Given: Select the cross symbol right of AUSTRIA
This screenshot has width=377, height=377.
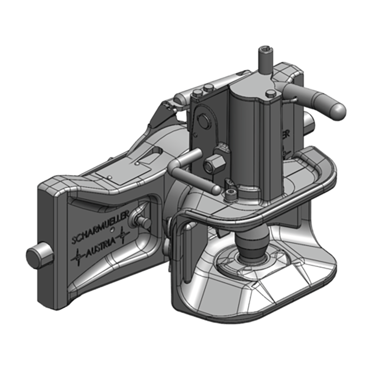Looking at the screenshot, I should click(123, 234).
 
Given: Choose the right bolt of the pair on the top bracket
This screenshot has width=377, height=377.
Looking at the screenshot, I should click(207, 88).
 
